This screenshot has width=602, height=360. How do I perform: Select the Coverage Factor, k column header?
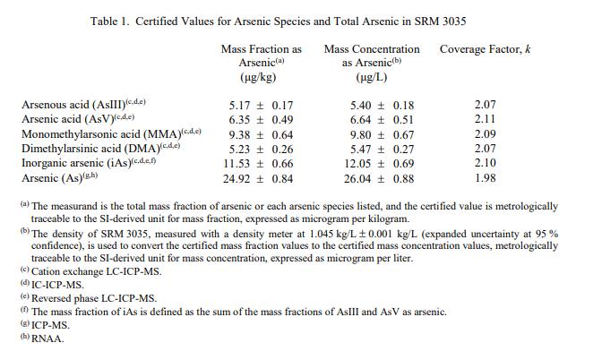tap(485, 48)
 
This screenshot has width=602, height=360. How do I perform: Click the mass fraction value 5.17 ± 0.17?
tap(262, 106)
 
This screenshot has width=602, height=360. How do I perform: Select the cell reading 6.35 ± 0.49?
tap(262, 120)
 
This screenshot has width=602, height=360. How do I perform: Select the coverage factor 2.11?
tap(485, 120)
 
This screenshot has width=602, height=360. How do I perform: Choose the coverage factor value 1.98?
tap(485, 179)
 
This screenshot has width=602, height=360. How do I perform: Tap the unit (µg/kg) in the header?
tap(262, 78)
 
